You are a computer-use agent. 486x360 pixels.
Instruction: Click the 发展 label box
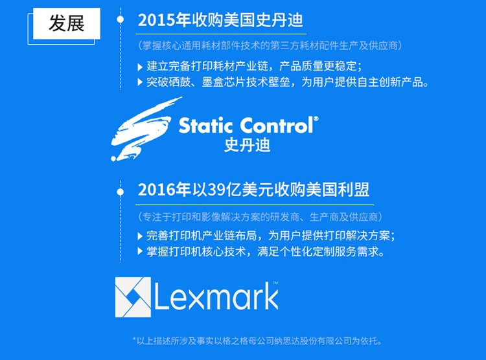(66, 23)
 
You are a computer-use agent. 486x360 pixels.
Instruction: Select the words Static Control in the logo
(246, 126)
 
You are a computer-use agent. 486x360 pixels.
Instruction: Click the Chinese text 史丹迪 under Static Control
(248, 145)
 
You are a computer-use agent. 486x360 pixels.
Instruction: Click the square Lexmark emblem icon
(133, 297)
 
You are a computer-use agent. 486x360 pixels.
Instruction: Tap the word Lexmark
(216, 297)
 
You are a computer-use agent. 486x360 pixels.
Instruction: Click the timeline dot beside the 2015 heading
(121, 19)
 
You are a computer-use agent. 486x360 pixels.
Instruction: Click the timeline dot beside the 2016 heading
(121, 192)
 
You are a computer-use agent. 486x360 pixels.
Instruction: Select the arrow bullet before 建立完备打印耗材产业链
(140, 67)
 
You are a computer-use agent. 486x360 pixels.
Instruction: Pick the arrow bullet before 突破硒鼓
(140, 82)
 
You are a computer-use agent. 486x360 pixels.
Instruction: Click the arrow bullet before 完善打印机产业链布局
(140, 236)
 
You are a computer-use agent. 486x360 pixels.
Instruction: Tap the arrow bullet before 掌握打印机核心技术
(140, 251)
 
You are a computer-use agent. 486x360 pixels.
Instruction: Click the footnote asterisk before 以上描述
(134, 340)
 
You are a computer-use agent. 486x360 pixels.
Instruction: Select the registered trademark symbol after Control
(316, 118)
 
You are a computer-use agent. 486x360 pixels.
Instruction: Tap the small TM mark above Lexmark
(275, 282)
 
